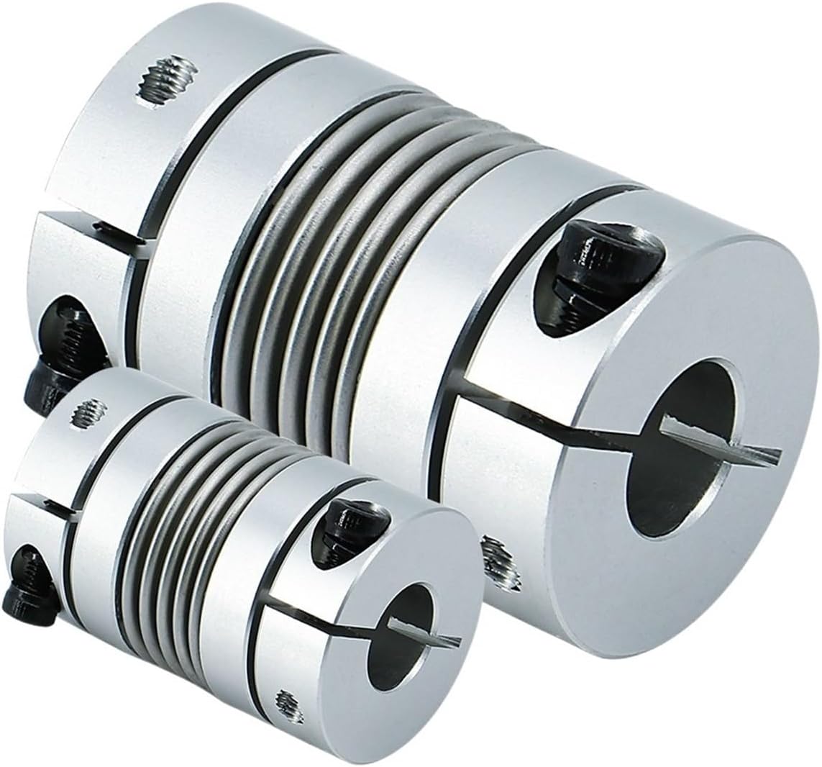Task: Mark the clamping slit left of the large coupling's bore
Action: (x=547, y=417)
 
